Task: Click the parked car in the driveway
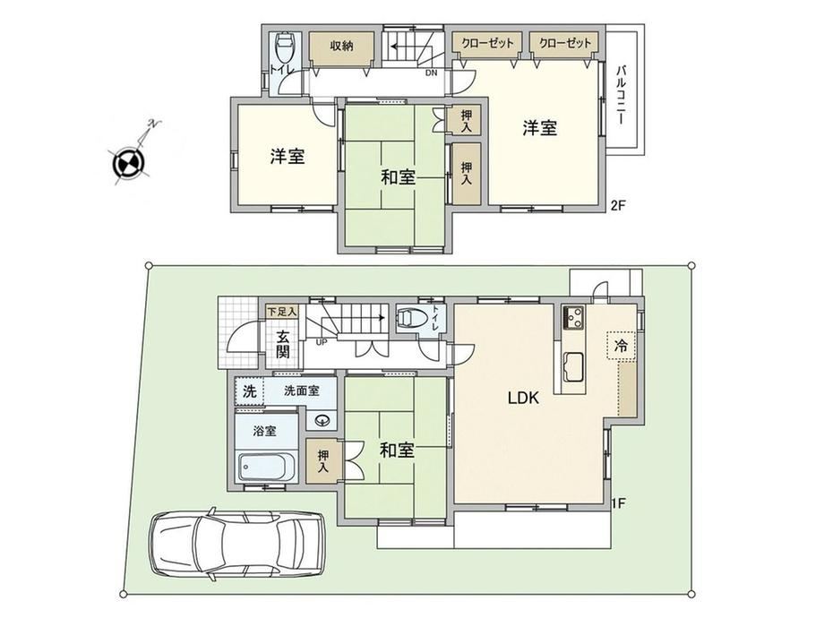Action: pyautogui.click(x=237, y=545)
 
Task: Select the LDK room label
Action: pyautogui.click(x=523, y=398)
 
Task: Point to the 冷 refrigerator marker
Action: pyautogui.click(x=621, y=345)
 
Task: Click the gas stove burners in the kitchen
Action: pyautogui.click(x=573, y=317)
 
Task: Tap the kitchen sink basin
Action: pyautogui.click(x=573, y=367)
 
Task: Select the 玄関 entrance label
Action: pyautogui.click(x=283, y=344)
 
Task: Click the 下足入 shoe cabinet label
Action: pyautogui.click(x=282, y=311)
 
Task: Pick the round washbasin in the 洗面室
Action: pyautogui.click(x=322, y=420)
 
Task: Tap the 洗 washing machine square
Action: pyautogui.click(x=250, y=391)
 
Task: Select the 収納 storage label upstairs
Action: pyautogui.click(x=341, y=46)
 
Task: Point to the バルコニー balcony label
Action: pyautogui.click(x=621, y=95)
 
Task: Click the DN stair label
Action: pyautogui.click(x=431, y=73)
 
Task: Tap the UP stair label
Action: pyautogui.click(x=321, y=341)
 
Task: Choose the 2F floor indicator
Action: pyautogui.click(x=618, y=205)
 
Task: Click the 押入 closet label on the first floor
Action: pyautogui.click(x=323, y=461)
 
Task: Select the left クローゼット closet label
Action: pyautogui.click(x=487, y=43)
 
